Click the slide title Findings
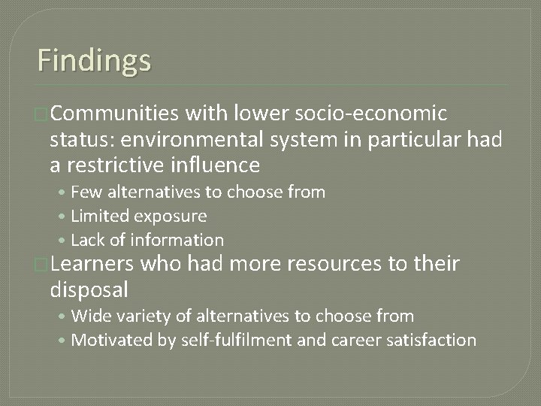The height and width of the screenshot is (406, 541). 94,59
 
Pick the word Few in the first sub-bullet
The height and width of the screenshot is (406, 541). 85,192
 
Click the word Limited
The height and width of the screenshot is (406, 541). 99,217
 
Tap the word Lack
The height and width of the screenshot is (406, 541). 87,241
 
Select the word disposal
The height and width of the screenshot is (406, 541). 89,289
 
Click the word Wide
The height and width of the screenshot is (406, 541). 89,317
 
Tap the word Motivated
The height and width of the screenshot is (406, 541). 110,341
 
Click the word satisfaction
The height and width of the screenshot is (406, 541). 434,341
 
